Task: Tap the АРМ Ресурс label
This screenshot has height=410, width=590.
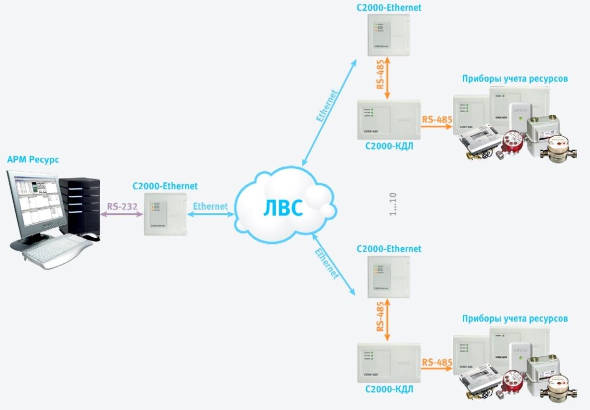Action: (x=33, y=160)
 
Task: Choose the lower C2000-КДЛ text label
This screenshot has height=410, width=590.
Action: (x=389, y=389)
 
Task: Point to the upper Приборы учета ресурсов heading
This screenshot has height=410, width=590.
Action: (x=515, y=78)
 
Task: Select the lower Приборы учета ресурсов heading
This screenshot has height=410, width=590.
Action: (x=515, y=319)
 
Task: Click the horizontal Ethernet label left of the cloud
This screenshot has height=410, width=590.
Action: (x=210, y=206)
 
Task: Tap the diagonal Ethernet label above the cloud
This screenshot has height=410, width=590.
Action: (x=328, y=105)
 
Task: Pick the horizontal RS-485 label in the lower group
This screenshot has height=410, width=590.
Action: (x=437, y=363)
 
